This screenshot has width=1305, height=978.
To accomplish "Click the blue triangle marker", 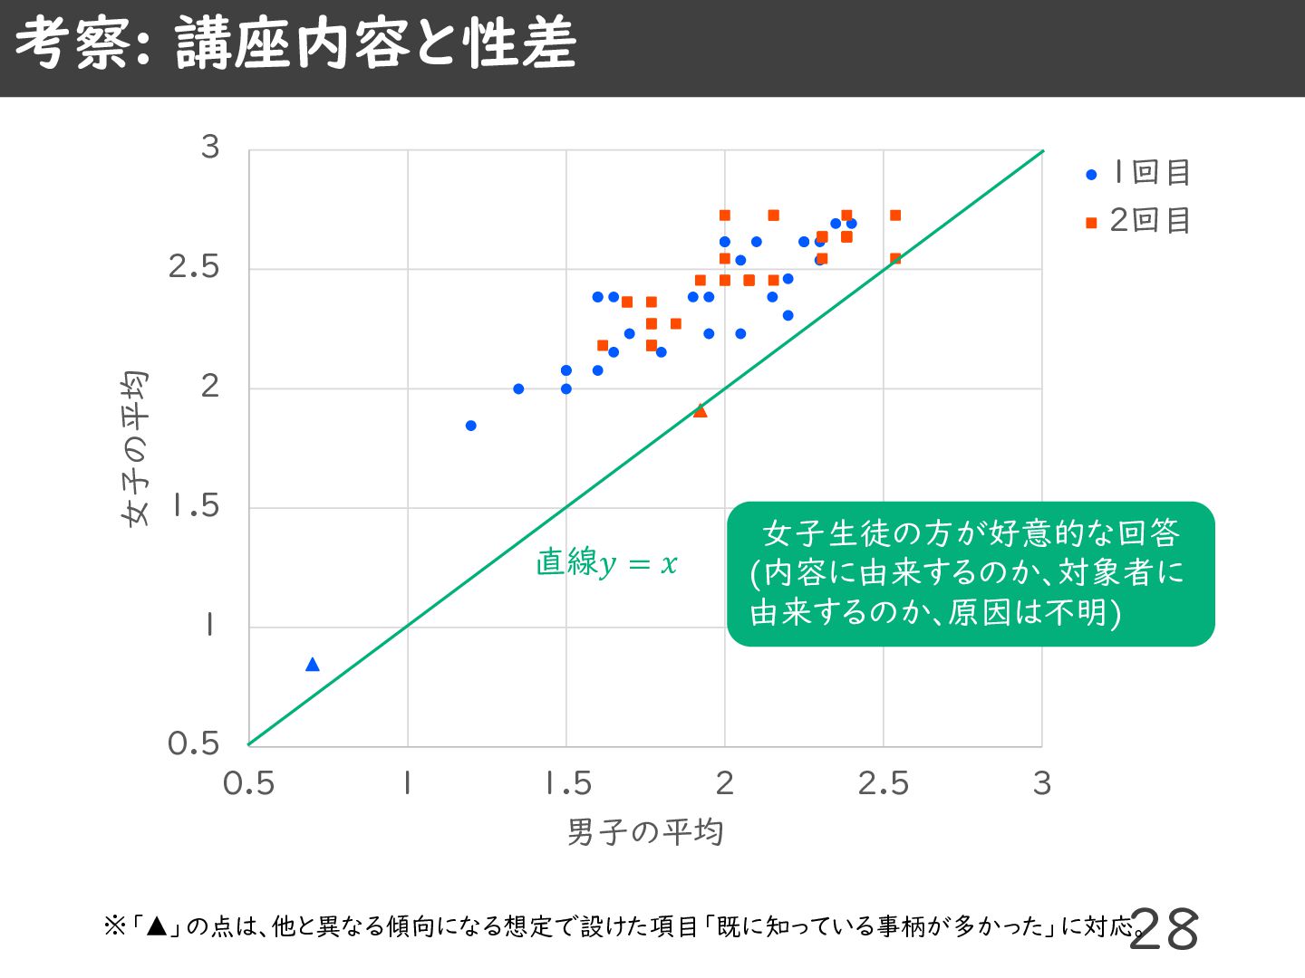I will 313,665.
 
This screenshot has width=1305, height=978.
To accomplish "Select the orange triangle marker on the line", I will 700,411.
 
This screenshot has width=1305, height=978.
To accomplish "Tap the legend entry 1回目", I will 1139,172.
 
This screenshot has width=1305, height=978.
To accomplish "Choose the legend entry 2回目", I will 1139,220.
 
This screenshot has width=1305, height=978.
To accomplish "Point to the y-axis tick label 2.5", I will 194,267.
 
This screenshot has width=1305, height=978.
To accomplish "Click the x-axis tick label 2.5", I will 883,783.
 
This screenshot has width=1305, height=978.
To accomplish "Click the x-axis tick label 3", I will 1042,783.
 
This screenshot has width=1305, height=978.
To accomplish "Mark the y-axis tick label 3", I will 210,147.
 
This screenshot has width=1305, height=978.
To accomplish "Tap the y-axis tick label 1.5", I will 196,506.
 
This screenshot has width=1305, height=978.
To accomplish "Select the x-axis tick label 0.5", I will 248,783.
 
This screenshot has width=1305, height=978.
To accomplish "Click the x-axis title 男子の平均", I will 645,832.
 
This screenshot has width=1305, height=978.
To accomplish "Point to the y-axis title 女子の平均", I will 134,448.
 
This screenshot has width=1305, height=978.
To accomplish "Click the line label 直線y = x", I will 606,563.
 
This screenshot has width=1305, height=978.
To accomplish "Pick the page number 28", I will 1165,930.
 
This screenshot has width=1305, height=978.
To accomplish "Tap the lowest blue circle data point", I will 470,426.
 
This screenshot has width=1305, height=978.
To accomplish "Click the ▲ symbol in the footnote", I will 157,926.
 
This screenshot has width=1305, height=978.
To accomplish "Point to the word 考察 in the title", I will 72,44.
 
